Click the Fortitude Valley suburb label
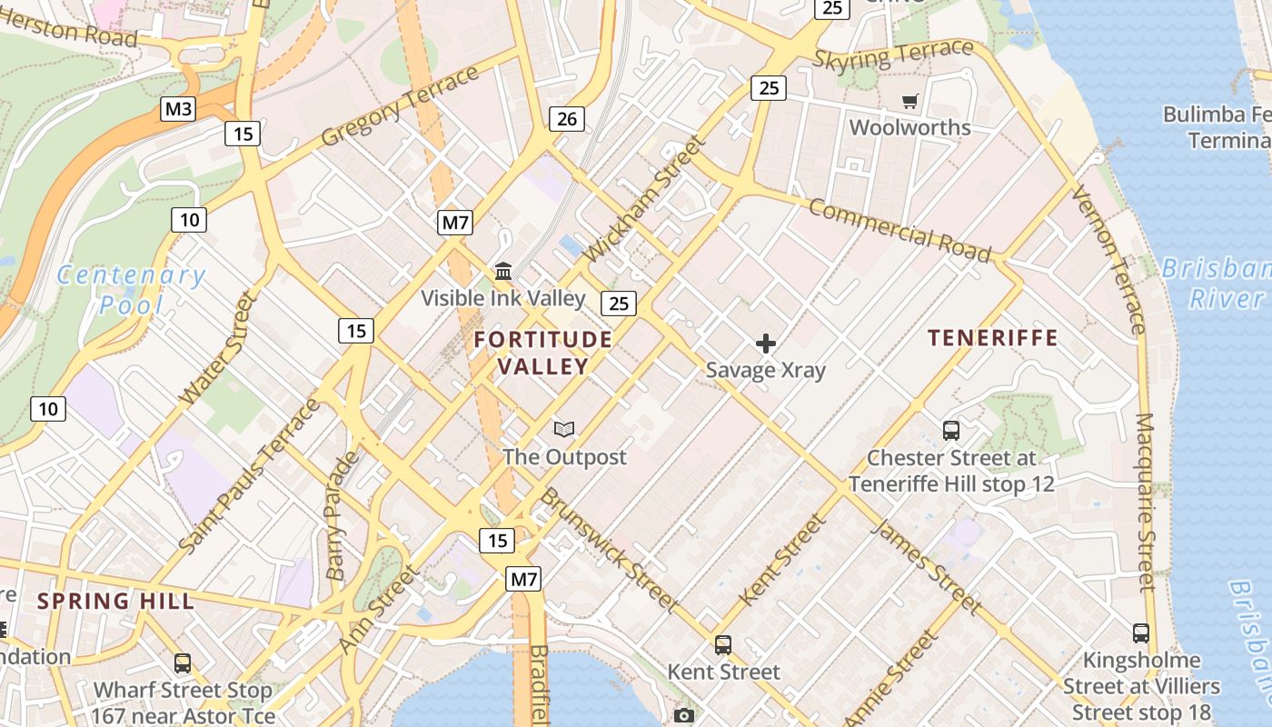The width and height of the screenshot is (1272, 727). point(543,353)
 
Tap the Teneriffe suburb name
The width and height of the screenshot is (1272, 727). point(993,338)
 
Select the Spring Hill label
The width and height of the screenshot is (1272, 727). point(115,601)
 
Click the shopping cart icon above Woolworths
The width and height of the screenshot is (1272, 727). point(909,101)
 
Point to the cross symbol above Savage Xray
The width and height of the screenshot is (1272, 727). point(766,344)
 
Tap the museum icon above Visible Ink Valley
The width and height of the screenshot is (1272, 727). point(502,271)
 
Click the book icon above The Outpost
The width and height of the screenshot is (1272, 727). point(564,429)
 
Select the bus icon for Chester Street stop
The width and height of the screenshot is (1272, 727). point(951,431)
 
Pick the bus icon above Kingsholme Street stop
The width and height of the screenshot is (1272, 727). point(1141,633)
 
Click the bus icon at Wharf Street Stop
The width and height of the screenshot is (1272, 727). point(183,663)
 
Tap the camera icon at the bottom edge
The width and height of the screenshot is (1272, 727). point(684,716)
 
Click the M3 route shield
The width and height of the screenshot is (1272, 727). point(178,110)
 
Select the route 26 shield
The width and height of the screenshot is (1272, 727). point(566,118)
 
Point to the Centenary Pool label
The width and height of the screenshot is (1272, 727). point(131,289)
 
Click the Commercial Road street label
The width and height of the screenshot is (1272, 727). point(899,230)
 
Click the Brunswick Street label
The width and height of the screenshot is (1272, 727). point(610,550)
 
